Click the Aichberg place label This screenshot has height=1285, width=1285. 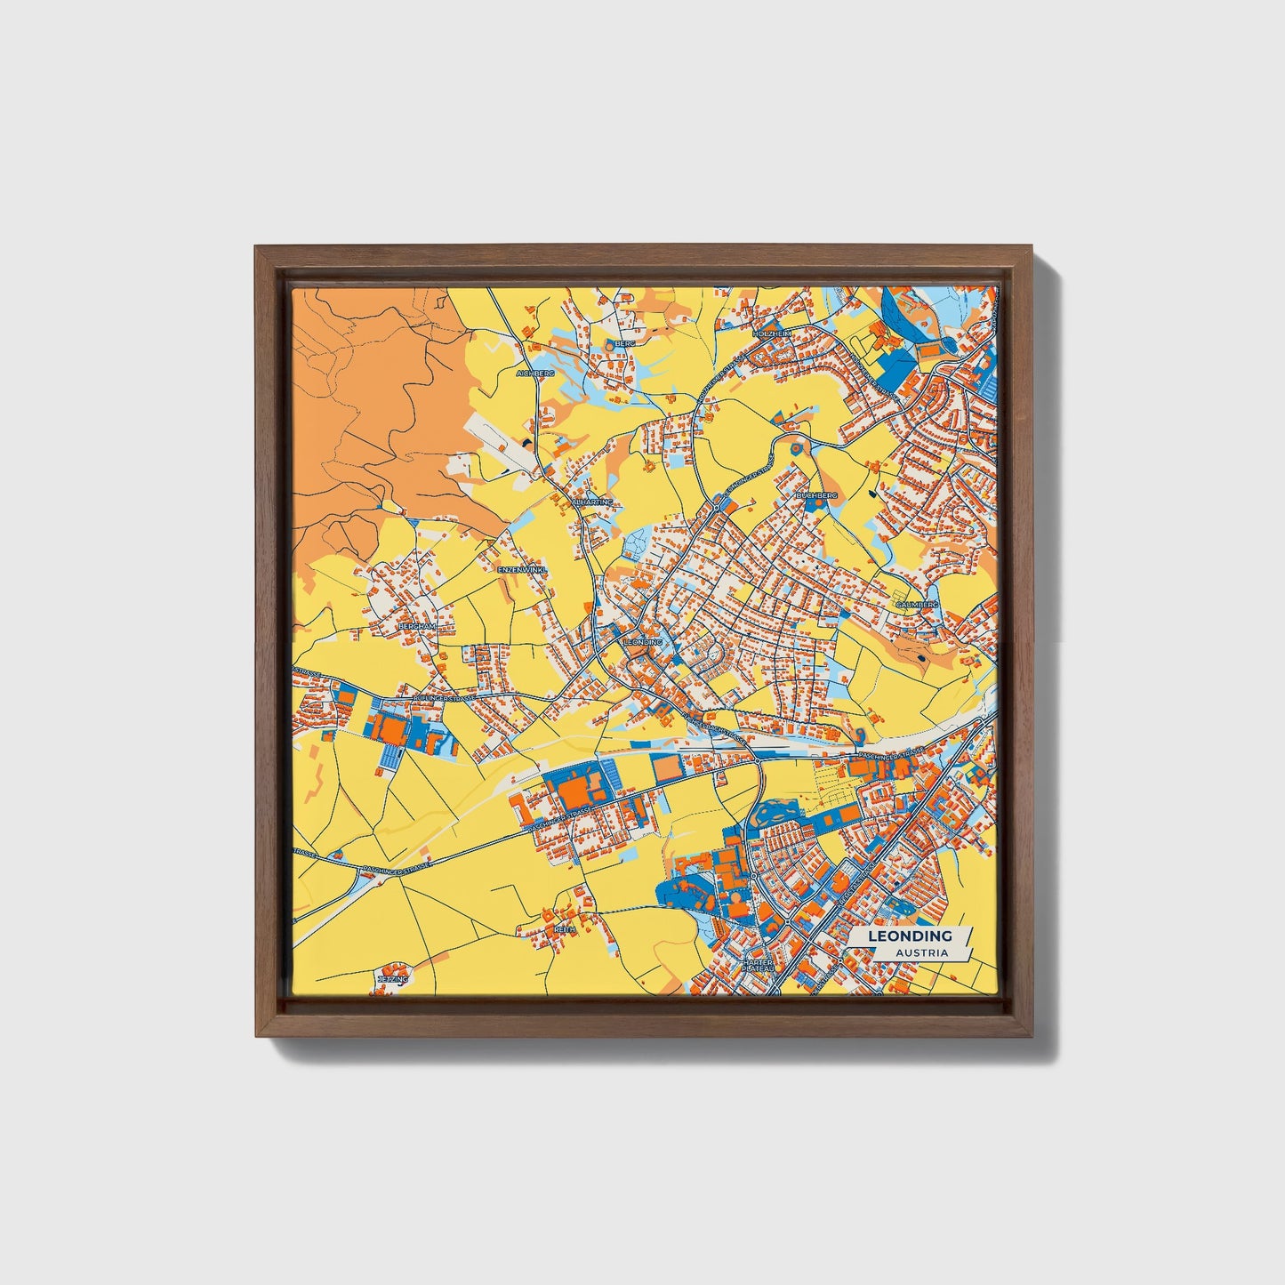coord(535,373)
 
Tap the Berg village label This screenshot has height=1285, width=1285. coord(625,342)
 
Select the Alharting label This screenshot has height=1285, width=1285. coord(593,502)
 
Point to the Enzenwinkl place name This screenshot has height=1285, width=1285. coord(522,568)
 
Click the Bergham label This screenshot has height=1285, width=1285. coord(417,626)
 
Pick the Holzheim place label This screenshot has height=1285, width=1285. coord(771,333)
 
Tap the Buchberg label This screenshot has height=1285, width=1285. coord(816,494)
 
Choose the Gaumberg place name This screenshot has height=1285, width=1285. coord(917,604)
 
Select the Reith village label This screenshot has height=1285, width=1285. coord(565,928)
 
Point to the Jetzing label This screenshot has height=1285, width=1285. coord(392,978)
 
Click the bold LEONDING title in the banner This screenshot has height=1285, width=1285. coord(910,936)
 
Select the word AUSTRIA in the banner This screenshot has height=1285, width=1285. coord(921,952)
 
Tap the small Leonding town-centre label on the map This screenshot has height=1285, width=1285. coord(643,640)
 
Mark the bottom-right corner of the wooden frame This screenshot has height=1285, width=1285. coord(1032,1036)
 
